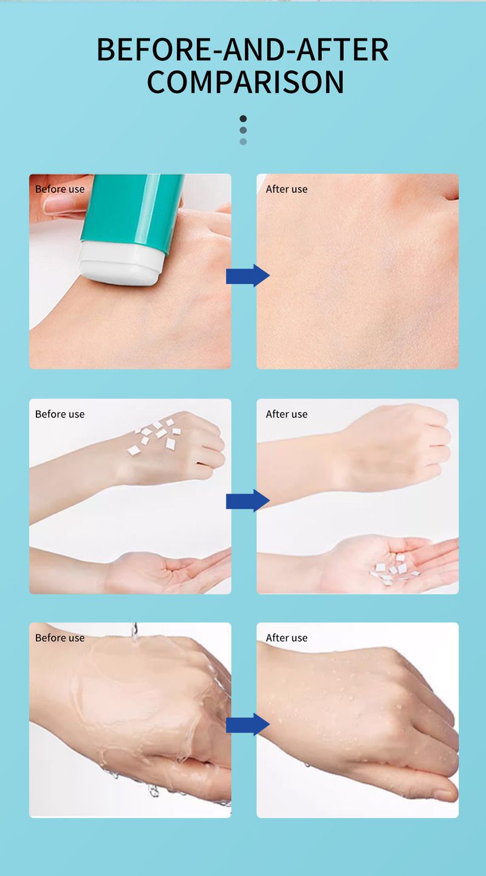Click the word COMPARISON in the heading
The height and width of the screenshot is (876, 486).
[245, 82]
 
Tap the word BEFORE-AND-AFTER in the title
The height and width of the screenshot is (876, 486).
[242, 50]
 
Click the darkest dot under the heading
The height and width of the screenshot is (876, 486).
[243, 119]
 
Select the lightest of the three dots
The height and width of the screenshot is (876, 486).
[243, 142]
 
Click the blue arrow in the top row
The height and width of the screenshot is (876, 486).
[248, 275]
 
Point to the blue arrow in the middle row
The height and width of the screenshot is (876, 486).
[248, 500]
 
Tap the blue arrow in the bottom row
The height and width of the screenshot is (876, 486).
[248, 724]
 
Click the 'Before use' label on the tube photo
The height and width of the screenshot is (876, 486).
[60, 189]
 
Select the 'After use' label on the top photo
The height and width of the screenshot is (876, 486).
[286, 189]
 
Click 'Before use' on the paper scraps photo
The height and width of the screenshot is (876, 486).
[60, 414]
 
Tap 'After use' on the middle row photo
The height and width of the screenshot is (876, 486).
[286, 414]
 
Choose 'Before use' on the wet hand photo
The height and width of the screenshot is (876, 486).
[60, 638]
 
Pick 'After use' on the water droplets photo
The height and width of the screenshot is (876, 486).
[286, 638]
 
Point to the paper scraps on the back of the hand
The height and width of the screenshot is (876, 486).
[155, 436]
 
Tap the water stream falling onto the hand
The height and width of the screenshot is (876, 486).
[135, 632]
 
